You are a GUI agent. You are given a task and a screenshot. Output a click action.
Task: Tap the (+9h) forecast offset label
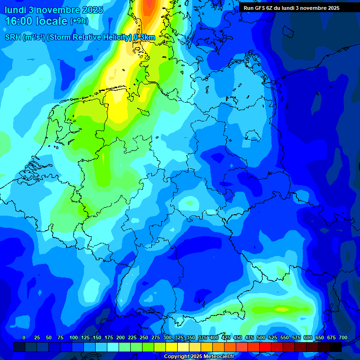pyautogui.click(x=79, y=21)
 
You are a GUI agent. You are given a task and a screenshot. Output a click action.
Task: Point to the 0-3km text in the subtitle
pyautogui.click(x=144, y=37)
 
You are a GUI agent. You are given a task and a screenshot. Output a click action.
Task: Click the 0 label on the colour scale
pyautogui.click(x=24, y=337)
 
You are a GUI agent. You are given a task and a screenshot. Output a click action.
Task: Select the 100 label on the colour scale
pyautogui.click(x=74, y=337)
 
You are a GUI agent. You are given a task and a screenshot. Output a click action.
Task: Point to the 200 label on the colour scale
pyautogui.click(x=120, y=337)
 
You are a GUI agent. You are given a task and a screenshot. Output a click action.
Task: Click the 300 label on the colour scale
pyautogui.click(x=167, y=337)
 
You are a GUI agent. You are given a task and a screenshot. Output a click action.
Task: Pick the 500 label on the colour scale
pyautogui.click(x=261, y=337)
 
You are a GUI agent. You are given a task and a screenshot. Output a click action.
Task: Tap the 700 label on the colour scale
pyautogui.click(x=343, y=337)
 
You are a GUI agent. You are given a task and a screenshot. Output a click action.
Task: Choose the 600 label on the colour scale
pyautogui.click(x=308, y=337)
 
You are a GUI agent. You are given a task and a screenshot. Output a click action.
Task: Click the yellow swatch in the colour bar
pyautogui.click(x=172, y=347)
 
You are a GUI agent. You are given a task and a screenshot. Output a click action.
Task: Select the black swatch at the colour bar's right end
pyautogui.click(x=336, y=347)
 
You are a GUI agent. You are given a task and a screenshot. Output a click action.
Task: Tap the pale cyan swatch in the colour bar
pyautogui.click(x=113, y=347)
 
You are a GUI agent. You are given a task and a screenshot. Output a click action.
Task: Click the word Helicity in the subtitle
pyautogui.click(x=112, y=37)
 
